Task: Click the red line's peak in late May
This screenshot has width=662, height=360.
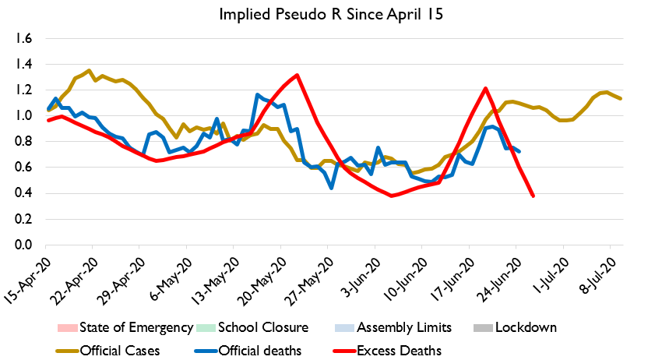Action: tap(297, 76)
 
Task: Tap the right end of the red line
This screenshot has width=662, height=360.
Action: tap(533, 196)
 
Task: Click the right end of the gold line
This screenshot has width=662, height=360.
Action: tap(620, 98)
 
